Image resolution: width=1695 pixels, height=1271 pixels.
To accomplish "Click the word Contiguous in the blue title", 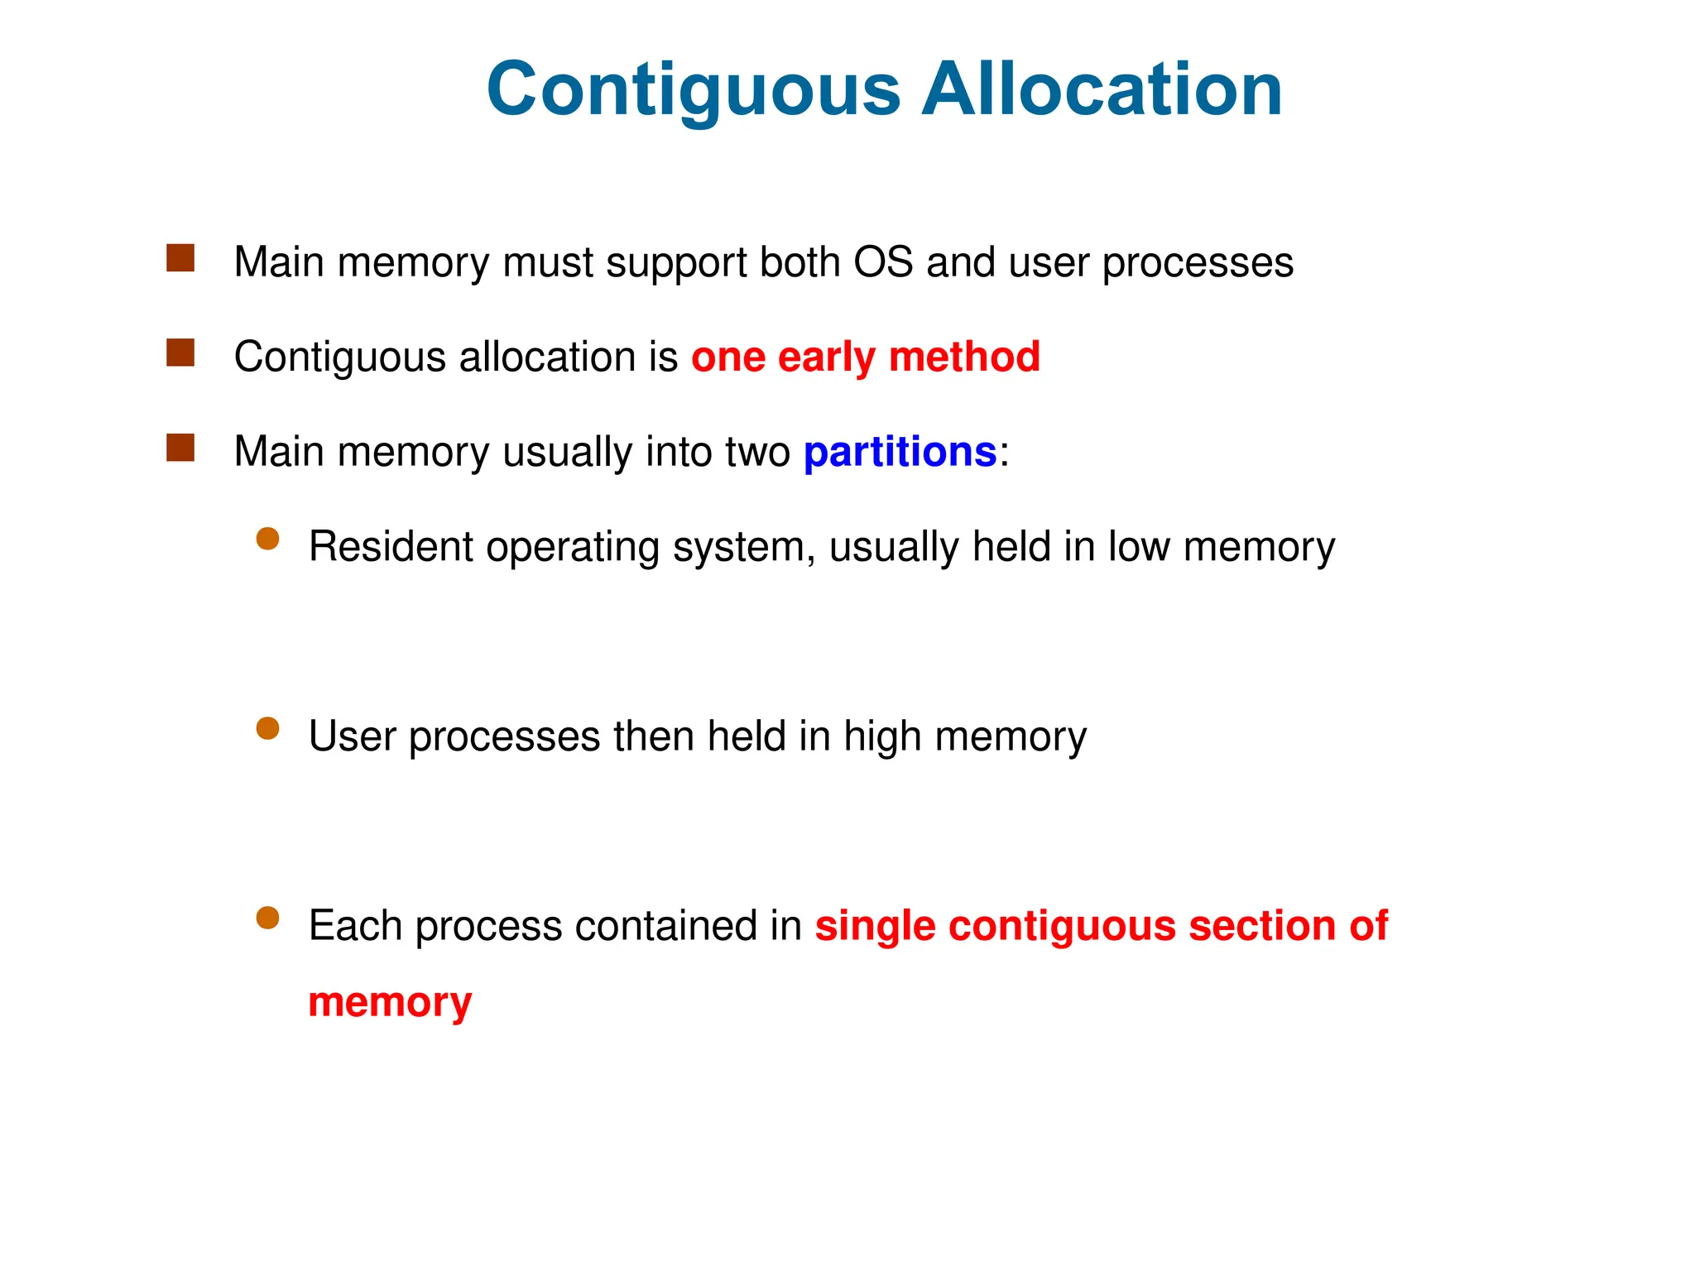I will pyautogui.click(x=694, y=91).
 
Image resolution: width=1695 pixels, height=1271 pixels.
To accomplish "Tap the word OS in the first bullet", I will pyautogui.click(x=883, y=262).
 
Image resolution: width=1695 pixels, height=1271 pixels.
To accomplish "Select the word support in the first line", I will pyautogui.click(x=682, y=264).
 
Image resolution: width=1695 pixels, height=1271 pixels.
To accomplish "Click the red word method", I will pyautogui.click(x=964, y=357).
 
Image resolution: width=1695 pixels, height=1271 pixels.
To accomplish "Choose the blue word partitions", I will pyautogui.click(x=900, y=453).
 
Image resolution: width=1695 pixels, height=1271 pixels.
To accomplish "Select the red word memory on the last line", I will pyautogui.click(x=390, y=1004).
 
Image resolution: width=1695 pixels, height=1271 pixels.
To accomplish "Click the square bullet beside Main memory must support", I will pyautogui.click(x=180, y=258).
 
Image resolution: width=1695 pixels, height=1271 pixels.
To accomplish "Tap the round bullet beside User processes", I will pyautogui.click(x=267, y=729).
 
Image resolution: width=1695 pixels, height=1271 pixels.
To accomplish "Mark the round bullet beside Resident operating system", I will pyautogui.click(x=267, y=540).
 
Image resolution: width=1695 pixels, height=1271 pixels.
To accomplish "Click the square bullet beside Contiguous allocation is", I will pyautogui.click(x=180, y=353).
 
